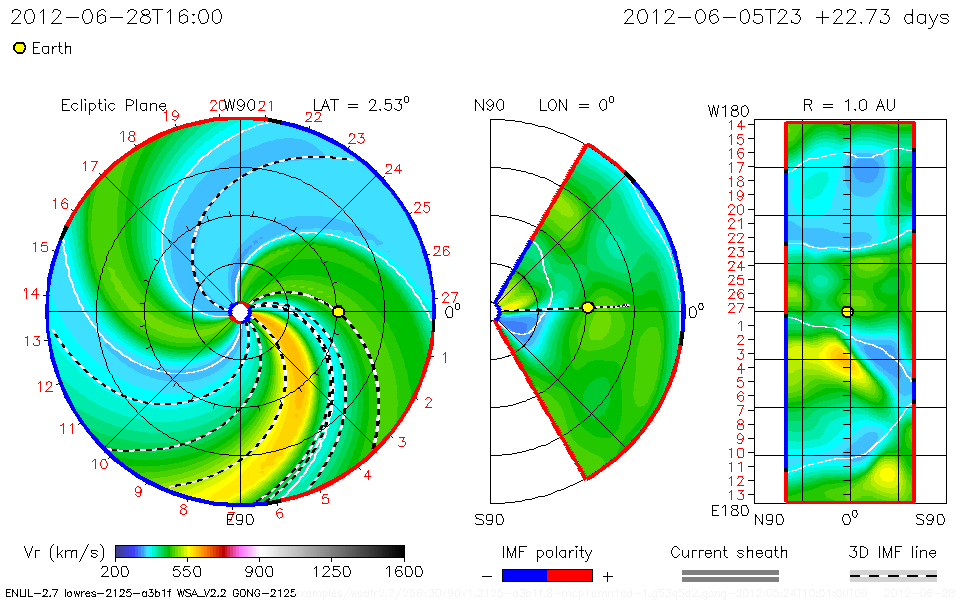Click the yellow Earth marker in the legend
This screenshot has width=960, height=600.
19,48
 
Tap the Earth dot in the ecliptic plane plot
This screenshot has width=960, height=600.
338,312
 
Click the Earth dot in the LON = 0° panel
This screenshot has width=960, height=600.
587,307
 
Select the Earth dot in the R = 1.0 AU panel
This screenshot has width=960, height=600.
848,312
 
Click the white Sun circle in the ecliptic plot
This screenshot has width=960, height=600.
240,312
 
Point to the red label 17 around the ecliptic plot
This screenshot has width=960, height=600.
91,166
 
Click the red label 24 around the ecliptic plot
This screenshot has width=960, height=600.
393,169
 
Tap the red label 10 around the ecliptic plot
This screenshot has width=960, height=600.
100,464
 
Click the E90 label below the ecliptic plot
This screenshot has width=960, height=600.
240,519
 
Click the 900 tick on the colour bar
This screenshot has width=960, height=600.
260,572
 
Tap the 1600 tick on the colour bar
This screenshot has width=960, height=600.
404,572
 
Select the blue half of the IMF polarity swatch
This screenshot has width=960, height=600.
524,575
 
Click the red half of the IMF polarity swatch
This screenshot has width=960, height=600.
570,575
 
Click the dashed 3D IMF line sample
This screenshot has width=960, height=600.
893,575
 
